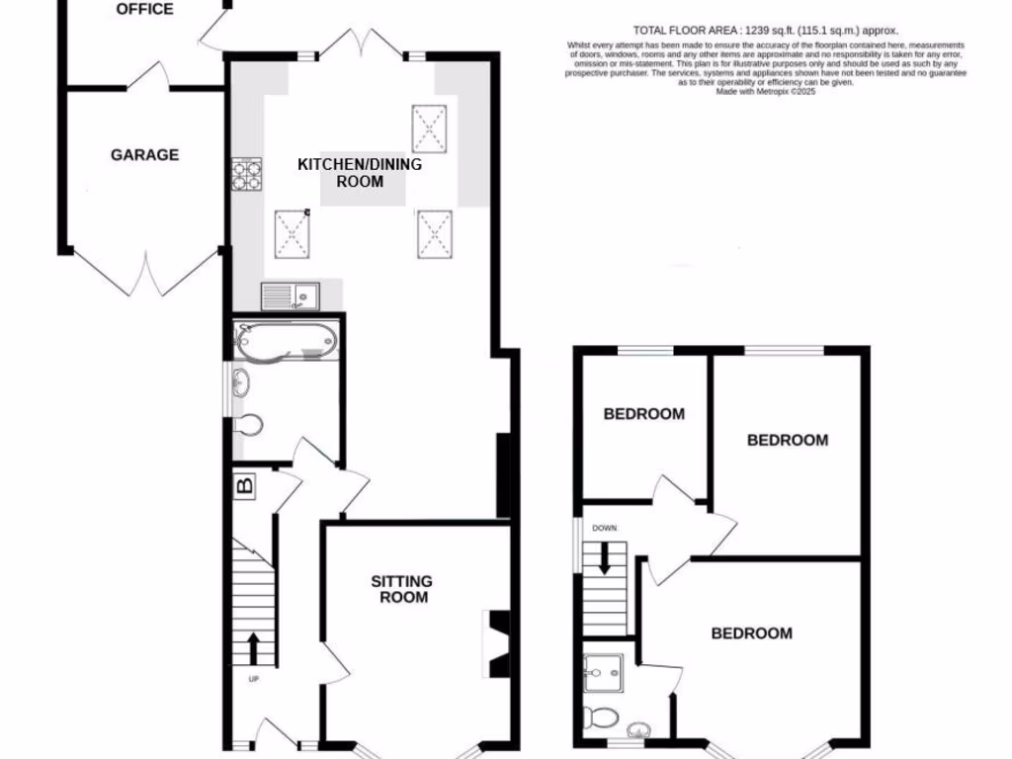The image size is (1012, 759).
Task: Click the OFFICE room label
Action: point(144,10)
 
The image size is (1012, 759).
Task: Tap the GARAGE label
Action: point(144,155)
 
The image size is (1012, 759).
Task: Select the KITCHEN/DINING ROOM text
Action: point(360,173)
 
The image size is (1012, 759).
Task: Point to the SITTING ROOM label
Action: point(401,589)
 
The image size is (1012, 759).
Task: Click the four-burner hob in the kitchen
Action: point(246,175)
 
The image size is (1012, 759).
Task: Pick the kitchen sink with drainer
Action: point(290,295)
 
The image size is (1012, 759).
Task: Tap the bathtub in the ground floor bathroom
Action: point(287,341)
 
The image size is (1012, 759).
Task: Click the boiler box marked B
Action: point(244,485)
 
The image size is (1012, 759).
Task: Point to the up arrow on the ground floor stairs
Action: point(253,648)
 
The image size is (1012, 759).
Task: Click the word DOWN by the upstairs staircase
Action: point(604,529)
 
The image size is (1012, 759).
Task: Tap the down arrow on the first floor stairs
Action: point(604,560)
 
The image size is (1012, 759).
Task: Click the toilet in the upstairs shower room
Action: point(601,716)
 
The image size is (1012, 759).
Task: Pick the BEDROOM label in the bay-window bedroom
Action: point(751,633)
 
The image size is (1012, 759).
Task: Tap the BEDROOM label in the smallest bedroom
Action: point(643,414)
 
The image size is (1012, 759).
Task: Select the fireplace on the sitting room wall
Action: point(497,645)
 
